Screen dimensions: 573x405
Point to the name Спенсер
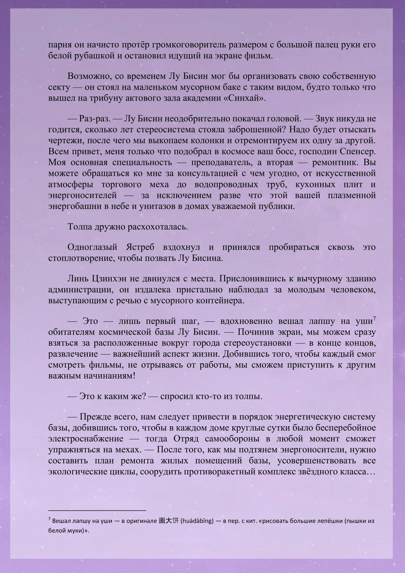357,152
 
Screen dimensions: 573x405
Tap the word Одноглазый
92,247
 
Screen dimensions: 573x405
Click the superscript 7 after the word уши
374,318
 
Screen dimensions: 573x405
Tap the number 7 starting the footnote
50,519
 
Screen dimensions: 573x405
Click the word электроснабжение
86,439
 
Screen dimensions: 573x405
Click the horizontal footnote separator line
97,510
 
